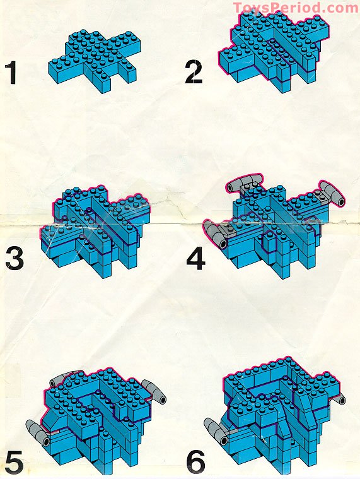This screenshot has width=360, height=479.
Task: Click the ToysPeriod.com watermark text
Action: tap(295, 8)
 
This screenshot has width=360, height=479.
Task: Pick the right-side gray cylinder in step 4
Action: tap(332, 194)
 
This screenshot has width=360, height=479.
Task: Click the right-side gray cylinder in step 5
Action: tap(155, 391)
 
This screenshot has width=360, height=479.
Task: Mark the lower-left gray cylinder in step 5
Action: tap(37, 432)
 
